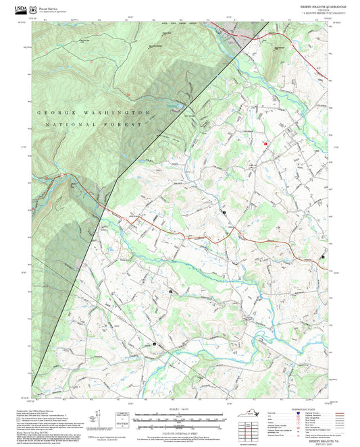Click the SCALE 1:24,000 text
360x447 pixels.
[180, 409]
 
